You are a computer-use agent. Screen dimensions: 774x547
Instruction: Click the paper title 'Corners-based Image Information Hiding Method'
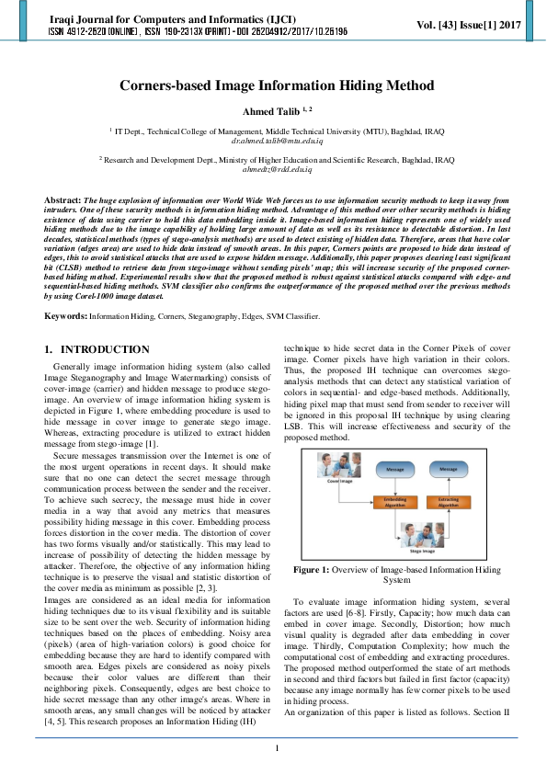[276, 86]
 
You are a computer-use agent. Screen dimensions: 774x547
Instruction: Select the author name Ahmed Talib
[269, 111]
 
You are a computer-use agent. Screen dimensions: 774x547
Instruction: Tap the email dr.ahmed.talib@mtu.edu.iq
[276, 141]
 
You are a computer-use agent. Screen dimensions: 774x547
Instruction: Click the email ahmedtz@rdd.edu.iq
[276, 170]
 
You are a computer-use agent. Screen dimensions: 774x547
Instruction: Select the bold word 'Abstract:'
[63, 199]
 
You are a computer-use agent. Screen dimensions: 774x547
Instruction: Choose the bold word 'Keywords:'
[66, 316]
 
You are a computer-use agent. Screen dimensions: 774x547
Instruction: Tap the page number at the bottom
[276, 749]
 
